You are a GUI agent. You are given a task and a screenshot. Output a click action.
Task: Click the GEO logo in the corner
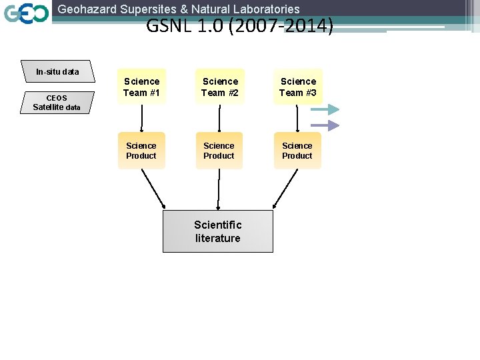click(26, 13)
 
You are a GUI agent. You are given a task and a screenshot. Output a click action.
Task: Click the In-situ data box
click(57, 71)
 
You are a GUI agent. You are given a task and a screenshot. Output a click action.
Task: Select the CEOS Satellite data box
click(57, 102)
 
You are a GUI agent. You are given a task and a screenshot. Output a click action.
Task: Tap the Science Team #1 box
click(141, 87)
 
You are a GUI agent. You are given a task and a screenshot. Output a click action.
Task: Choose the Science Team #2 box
click(220, 87)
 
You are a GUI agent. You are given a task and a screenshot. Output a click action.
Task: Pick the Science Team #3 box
click(298, 87)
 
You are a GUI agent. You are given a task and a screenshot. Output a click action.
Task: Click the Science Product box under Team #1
click(141, 151)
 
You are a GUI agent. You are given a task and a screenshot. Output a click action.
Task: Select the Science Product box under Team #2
click(219, 151)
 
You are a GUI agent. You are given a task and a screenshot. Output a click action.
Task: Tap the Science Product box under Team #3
click(297, 151)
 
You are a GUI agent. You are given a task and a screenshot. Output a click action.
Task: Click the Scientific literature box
click(218, 231)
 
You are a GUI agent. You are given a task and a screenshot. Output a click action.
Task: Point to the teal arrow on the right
click(325, 110)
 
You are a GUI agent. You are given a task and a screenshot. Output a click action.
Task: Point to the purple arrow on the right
click(325, 125)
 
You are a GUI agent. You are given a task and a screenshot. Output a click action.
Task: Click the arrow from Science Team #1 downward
click(141, 118)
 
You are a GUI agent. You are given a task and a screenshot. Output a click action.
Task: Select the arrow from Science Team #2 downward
click(219, 118)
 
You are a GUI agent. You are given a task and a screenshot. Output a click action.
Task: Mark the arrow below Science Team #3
click(297, 118)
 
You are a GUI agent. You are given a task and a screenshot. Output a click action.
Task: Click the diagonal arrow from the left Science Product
click(153, 189)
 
